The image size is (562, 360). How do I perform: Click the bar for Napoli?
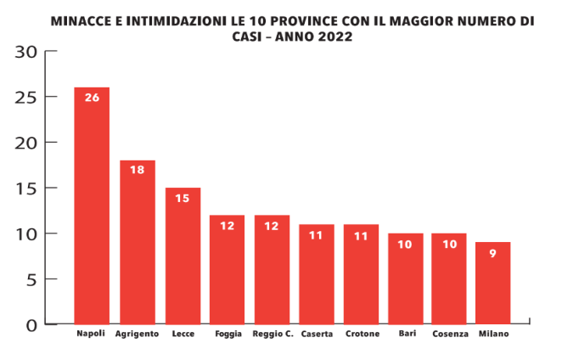(92, 208)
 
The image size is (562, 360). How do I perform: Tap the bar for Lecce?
(183, 258)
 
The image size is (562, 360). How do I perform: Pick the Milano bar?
(492, 284)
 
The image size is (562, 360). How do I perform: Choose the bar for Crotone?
(362, 276)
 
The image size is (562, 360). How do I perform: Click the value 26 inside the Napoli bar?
(92, 98)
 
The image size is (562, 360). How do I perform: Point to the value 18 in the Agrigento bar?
(138, 170)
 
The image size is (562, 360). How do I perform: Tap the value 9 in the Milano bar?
(492, 252)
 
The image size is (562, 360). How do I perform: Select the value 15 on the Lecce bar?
(183, 198)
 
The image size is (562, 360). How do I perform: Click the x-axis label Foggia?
(228, 334)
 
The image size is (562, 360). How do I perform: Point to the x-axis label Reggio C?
(273, 334)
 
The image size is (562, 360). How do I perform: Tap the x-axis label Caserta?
(316, 334)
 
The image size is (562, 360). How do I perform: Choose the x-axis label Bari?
(407, 334)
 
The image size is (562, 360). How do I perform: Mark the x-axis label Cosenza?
(449, 334)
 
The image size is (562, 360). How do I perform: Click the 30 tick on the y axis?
(27, 52)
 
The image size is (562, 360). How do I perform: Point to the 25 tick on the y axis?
(27, 98)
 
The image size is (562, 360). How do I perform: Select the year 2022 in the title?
(333, 37)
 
